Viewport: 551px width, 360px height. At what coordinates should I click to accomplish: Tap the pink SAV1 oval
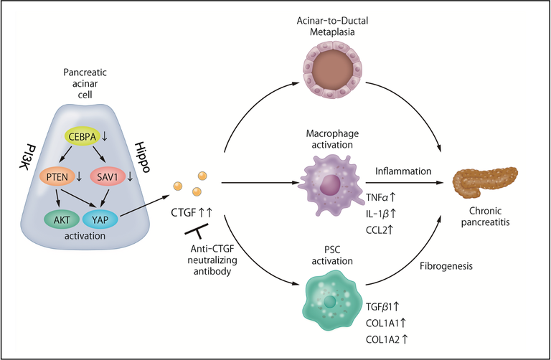point(113,176)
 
